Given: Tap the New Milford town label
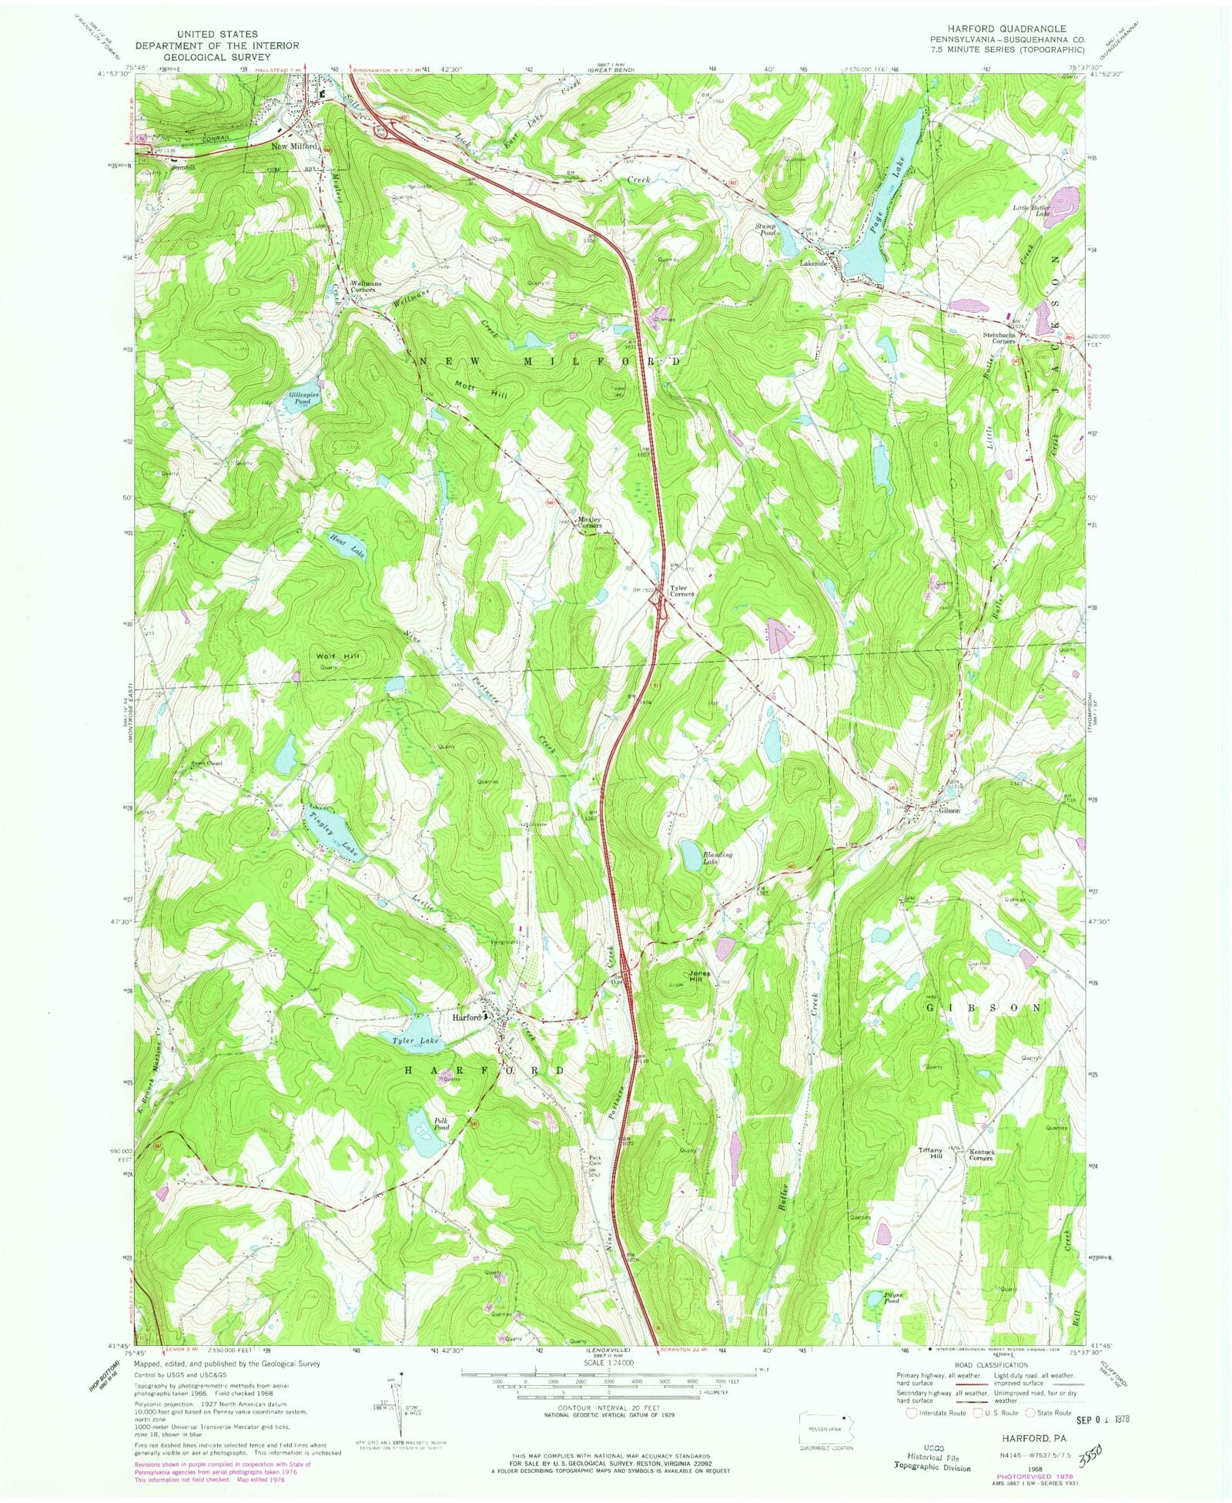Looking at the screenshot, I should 294,146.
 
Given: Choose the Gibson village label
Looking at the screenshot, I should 949,810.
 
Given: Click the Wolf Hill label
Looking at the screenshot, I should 337,656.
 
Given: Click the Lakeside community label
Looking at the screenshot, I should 813,263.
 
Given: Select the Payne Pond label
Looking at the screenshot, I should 892,1297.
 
